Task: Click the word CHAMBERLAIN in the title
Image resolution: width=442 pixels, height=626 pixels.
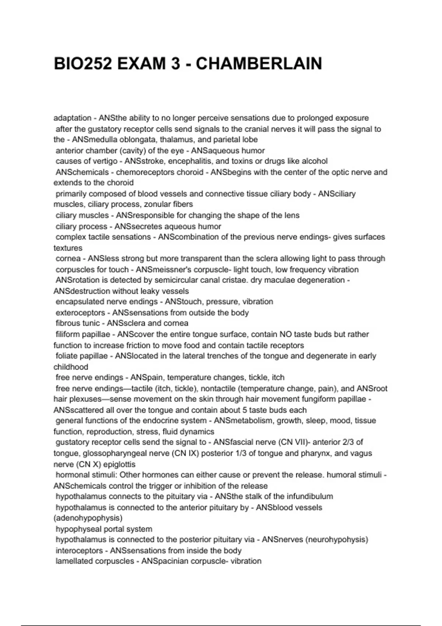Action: (259, 64)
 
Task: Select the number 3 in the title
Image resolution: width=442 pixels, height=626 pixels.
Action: (175, 64)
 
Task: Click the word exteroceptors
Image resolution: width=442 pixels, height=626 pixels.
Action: (80, 313)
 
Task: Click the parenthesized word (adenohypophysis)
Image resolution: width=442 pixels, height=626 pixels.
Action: (88, 518)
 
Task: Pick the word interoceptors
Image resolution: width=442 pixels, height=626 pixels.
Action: (79, 551)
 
